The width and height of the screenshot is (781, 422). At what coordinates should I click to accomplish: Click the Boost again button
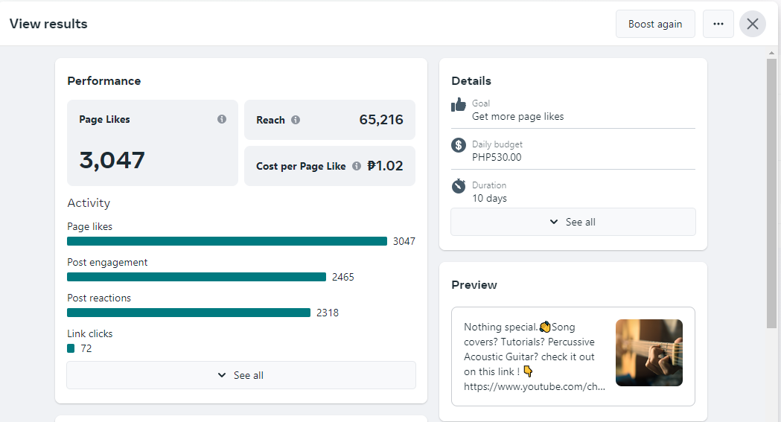pyautogui.click(x=655, y=24)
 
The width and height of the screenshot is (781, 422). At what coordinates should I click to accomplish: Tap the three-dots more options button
pyautogui.click(x=718, y=24)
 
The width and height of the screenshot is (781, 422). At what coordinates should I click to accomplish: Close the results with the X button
pyautogui.click(x=753, y=24)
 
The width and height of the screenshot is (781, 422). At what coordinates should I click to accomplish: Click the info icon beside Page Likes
pyautogui.click(x=222, y=119)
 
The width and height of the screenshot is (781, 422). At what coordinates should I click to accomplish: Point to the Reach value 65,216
pyautogui.click(x=381, y=120)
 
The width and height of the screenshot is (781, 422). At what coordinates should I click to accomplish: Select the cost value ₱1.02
pyautogui.click(x=386, y=166)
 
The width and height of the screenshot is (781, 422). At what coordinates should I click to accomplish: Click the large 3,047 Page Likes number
pyautogui.click(x=112, y=159)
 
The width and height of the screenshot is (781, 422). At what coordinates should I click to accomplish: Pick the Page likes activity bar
pyautogui.click(x=227, y=241)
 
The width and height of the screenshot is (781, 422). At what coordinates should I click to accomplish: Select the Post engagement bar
pyautogui.click(x=197, y=277)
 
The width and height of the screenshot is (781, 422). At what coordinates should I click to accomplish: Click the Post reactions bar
pyautogui.click(x=188, y=313)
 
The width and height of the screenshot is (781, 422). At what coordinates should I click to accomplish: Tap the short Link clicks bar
pyautogui.click(x=71, y=348)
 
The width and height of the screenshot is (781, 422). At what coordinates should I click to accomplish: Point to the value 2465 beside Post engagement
pyautogui.click(x=343, y=277)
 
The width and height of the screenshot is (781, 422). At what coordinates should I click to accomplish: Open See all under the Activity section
pyautogui.click(x=241, y=375)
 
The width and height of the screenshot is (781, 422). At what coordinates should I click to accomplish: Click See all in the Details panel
pyautogui.click(x=573, y=222)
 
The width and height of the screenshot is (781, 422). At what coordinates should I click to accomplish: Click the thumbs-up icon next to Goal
pyautogui.click(x=459, y=105)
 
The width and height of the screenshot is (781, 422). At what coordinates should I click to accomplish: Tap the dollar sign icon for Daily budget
pyautogui.click(x=459, y=145)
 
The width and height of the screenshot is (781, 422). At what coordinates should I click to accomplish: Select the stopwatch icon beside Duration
pyautogui.click(x=459, y=186)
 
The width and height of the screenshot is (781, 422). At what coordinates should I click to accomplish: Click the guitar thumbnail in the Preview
pyautogui.click(x=649, y=353)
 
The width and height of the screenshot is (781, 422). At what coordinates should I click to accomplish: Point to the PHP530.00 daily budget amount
pyautogui.click(x=497, y=157)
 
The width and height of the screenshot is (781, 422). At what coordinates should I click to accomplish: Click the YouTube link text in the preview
pyautogui.click(x=535, y=387)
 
